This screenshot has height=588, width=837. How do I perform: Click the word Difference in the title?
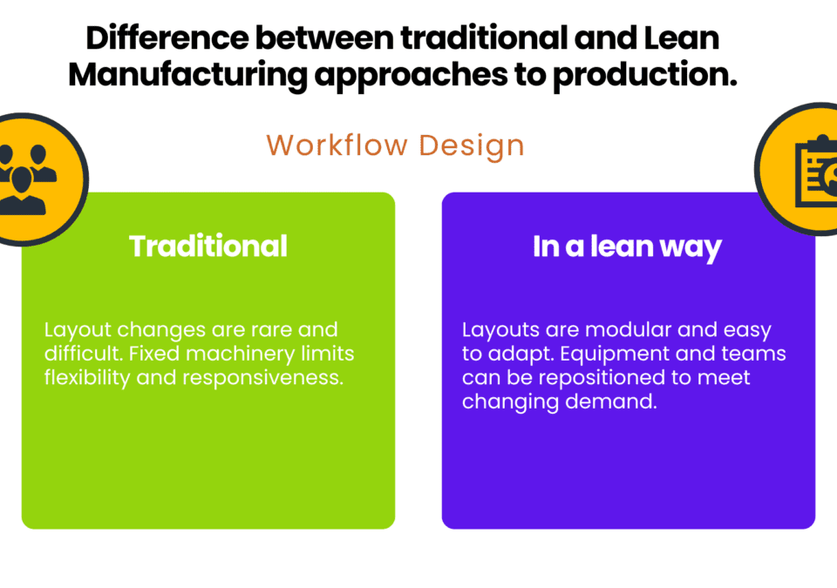pos(167,37)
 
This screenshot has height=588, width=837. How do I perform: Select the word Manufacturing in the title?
pos(188,75)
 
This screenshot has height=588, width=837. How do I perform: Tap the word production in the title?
pos(645,75)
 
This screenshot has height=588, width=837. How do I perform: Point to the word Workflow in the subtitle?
pos(337,145)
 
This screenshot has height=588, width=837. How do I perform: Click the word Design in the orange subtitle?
pos(472,145)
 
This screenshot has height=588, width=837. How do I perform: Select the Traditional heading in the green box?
pos(208,246)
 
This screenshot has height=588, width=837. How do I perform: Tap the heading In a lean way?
pos(627,247)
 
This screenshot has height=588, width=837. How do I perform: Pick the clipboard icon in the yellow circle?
pos(816,171)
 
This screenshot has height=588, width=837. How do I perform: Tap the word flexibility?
pos(87,378)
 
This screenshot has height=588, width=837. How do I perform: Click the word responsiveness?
pos(262,378)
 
